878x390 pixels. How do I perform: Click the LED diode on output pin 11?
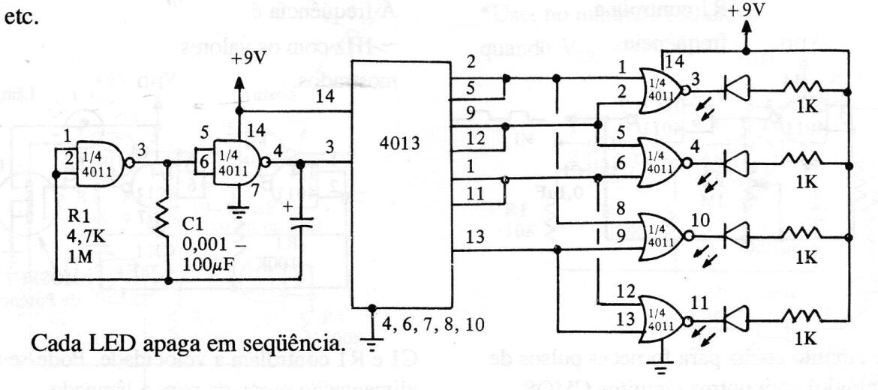point(736,316)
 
